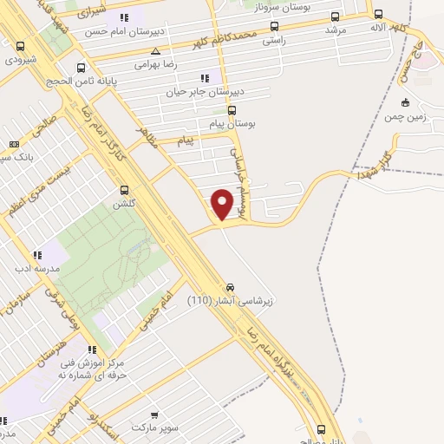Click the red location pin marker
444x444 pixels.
click(224, 203)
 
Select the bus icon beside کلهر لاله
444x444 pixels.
click(378, 14)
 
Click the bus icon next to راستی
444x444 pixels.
click(275, 27)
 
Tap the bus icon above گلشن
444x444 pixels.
click(124, 189)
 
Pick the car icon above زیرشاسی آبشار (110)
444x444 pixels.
click(231, 287)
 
